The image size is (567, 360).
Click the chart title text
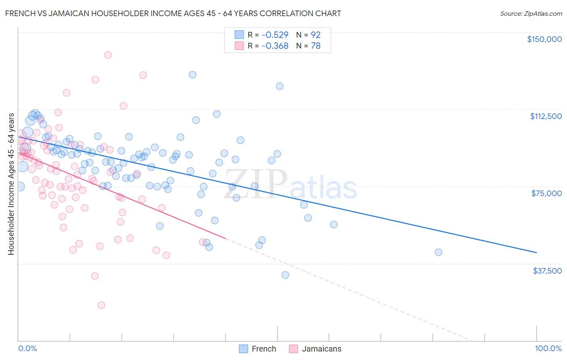coord(173,13)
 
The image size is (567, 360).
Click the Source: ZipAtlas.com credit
coord(531,13)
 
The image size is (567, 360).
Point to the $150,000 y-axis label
coord(544,39)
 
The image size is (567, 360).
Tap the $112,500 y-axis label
coord(546,116)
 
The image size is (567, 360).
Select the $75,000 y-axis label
coord(546,193)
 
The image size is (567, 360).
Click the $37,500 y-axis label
coord(547,271)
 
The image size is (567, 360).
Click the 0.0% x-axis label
coord(27,348)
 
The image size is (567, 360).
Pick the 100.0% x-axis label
coord(548,348)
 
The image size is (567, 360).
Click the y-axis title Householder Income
coord(11,184)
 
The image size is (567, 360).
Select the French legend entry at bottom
coord(258,349)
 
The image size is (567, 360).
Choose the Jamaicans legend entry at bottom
coord(315,349)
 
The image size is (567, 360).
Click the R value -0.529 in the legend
coord(275,35)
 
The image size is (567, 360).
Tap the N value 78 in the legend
coord(315,46)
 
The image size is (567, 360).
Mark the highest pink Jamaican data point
coord(108,55)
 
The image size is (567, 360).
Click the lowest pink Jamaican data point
coord(101,305)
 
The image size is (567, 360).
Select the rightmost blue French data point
coord(438,252)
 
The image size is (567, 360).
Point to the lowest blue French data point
coord(285,275)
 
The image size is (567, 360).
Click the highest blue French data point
coord(192,75)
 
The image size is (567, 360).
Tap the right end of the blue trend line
coord(536,252)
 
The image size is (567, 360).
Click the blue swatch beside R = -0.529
coord(239,35)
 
